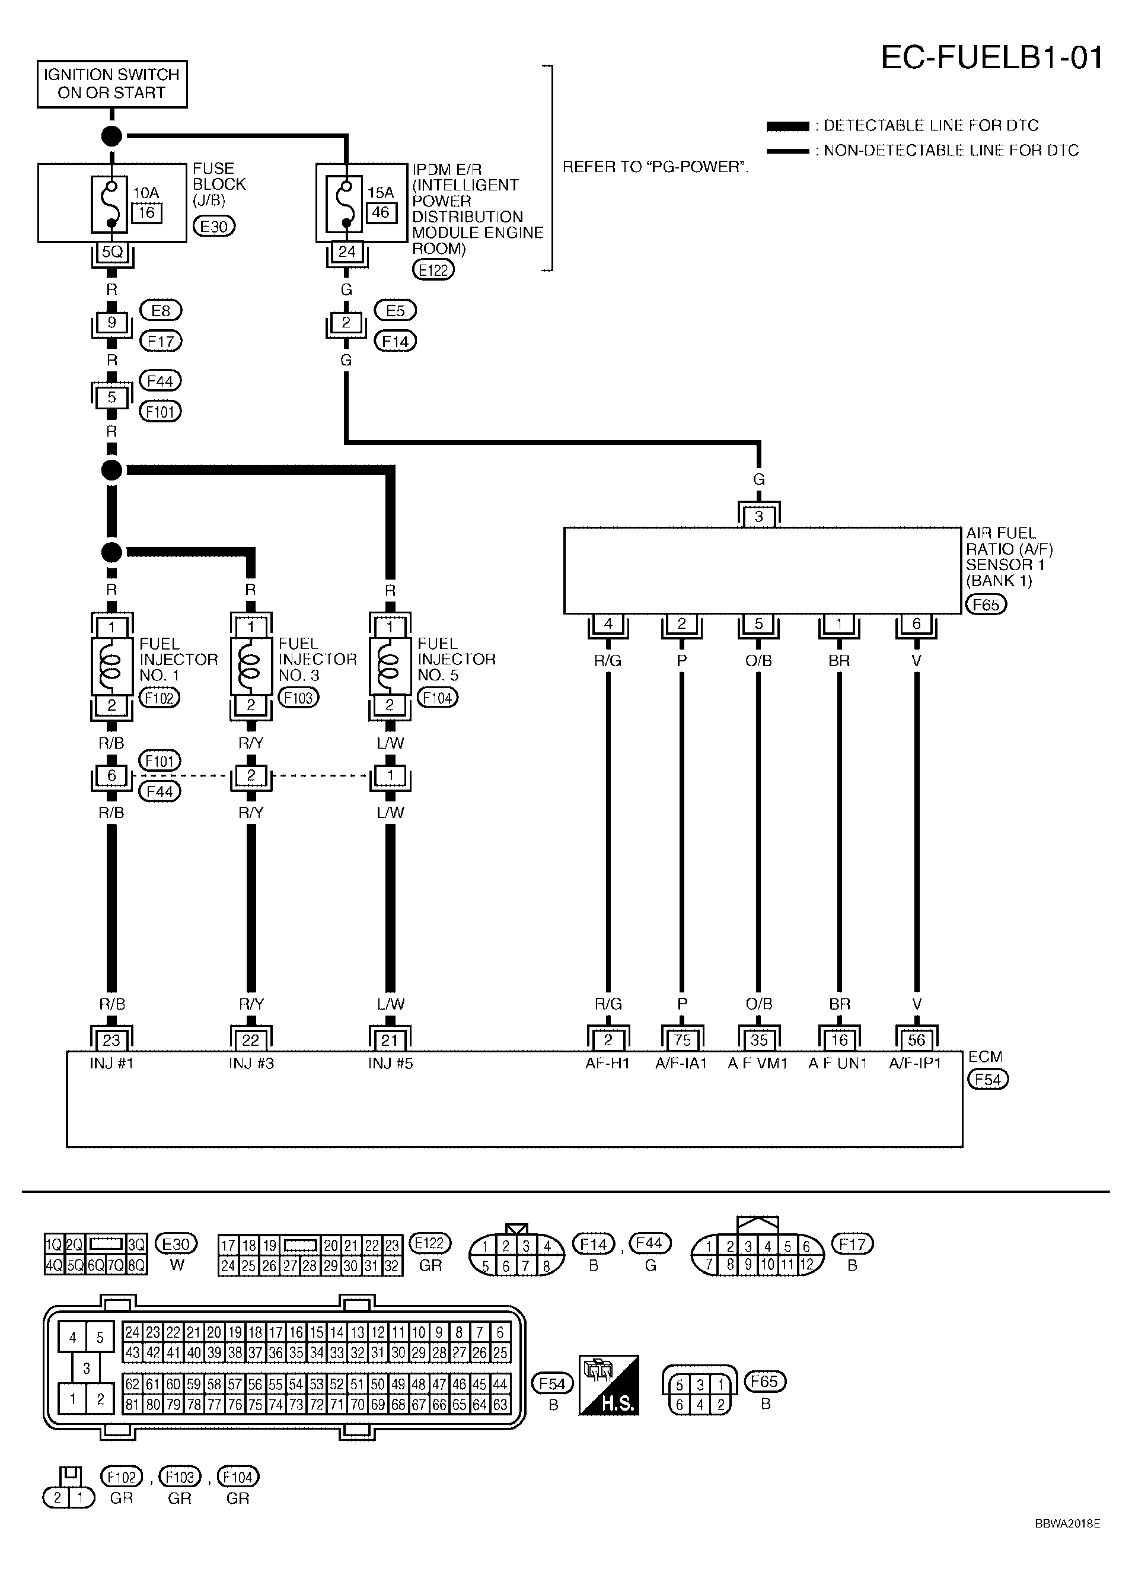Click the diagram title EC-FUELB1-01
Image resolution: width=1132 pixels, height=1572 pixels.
[x=991, y=58]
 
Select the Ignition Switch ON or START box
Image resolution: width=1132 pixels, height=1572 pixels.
[x=112, y=84]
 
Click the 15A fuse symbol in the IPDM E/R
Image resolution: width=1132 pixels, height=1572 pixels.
[x=346, y=204]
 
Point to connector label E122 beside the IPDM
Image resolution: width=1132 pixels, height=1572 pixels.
[x=433, y=270]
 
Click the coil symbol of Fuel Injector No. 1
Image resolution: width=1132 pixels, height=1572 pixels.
[x=111, y=666]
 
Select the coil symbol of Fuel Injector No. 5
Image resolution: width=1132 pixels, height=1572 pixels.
[x=390, y=666]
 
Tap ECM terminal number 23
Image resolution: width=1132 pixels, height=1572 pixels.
[x=111, y=1040]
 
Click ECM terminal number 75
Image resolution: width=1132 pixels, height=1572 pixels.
[x=682, y=1040]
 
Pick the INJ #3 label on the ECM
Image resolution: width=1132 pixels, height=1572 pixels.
[x=251, y=1063]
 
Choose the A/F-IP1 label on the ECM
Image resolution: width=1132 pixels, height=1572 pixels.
[x=915, y=1063]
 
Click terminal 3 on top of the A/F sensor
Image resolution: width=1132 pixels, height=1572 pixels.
[x=758, y=516]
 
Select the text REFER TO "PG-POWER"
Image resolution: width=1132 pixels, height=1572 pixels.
[x=655, y=167]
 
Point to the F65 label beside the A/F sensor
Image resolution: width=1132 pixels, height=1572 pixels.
[x=986, y=604]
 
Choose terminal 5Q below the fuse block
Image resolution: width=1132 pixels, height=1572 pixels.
[x=111, y=252]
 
